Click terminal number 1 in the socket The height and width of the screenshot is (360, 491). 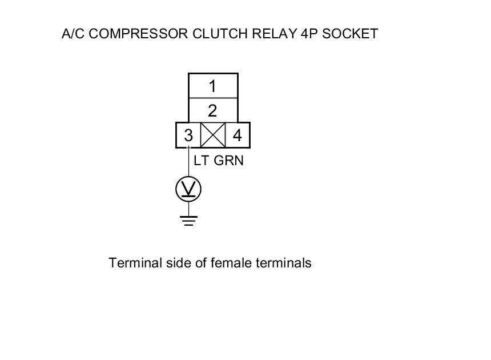[212, 86]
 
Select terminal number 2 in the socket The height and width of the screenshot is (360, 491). [212, 110]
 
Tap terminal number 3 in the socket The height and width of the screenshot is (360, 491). [188, 136]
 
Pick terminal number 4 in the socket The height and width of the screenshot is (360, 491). [237, 136]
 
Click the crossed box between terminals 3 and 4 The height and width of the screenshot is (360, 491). [212, 135]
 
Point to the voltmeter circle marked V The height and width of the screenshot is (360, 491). [188, 189]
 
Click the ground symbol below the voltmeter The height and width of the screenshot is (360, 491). [188, 219]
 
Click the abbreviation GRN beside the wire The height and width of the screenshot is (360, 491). [228, 161]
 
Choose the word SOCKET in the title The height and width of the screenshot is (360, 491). [350, 34]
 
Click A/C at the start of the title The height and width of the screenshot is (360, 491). [74, 34]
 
